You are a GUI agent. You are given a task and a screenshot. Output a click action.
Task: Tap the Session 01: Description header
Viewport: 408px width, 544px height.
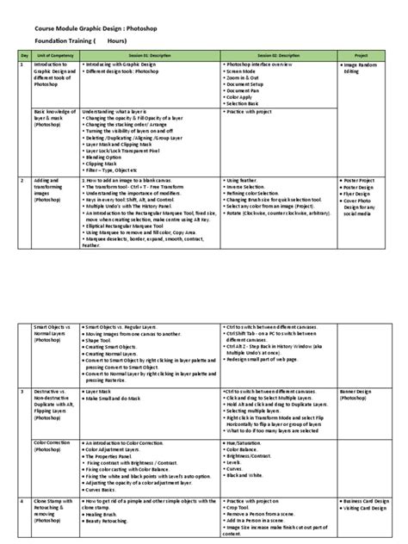coord(149,54)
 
